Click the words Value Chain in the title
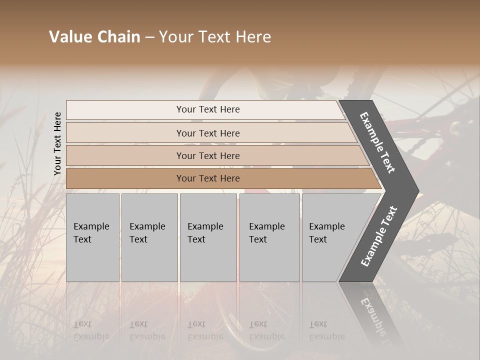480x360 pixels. point(94,37)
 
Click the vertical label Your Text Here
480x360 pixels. point(57,143)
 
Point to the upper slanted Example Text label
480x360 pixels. point(377,142)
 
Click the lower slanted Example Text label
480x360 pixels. point(378,236)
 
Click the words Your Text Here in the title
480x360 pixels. point(215,37)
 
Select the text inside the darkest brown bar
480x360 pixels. point(208,178)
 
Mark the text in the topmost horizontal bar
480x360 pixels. point(208,109)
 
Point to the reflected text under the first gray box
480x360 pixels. point(91,330)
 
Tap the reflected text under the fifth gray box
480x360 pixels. point(326,330)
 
